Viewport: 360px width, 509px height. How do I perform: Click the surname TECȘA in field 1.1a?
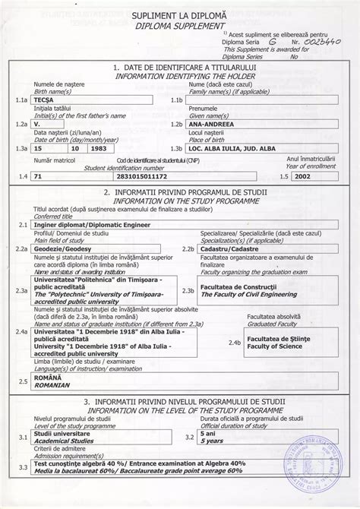(45, 100)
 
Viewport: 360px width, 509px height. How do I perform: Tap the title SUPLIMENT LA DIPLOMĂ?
(178, 15)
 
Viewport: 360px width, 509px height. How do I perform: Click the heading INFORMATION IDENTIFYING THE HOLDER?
(179, 75)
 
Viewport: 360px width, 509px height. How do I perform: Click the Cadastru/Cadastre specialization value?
(228, 248)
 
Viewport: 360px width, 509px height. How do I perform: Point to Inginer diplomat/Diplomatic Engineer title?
(84, 225)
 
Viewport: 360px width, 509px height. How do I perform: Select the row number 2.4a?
(22, 332)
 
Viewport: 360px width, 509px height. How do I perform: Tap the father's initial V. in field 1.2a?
(39, 123)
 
